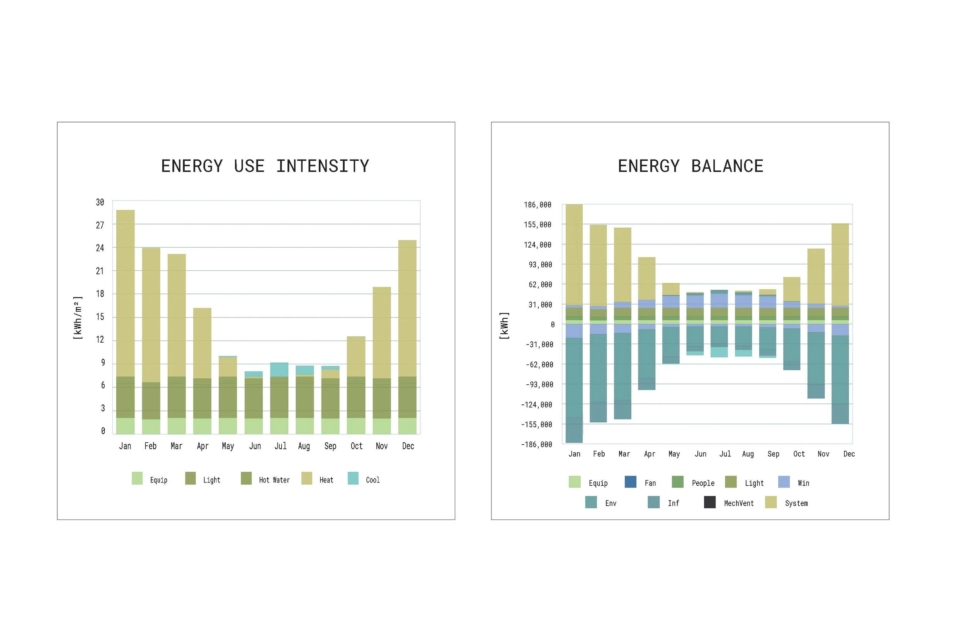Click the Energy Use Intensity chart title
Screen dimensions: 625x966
[265, 166]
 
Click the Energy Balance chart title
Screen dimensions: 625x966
[690, 166]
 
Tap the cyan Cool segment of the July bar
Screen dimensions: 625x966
[279, 369]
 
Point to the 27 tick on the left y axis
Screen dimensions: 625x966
[100, 225]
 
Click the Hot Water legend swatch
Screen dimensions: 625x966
[247, 478]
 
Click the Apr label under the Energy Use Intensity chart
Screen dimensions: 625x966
[202, 447]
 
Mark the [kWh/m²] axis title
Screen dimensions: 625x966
[78, 318]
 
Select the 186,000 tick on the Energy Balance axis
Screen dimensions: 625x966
[537, 205]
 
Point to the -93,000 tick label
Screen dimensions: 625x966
[539, 384]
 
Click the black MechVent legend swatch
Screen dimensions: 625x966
[709, 502]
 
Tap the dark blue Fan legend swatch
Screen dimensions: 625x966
[630, 482]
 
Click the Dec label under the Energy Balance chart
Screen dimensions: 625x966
[849, 454]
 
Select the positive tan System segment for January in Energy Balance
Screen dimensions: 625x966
[574, 255]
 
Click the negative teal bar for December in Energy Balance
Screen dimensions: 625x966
[840, 379]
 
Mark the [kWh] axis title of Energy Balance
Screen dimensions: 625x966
[504, 326]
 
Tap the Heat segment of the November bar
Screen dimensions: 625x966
[381, 333]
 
